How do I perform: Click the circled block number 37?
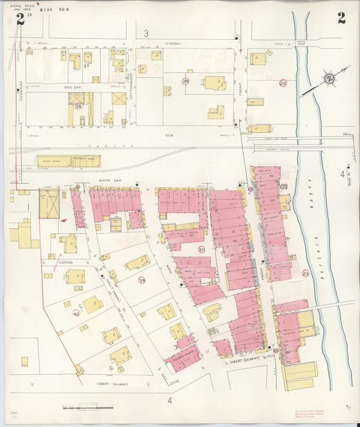click(86, 66)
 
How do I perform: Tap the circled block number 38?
click(78, 106)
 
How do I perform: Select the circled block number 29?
click(185, 81)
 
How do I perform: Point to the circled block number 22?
click(283, 83)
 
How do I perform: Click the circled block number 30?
click(201, 249)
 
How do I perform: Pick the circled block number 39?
click(142, 280)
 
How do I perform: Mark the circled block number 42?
click(76, 313)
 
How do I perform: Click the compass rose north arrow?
click(329, 79)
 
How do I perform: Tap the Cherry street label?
click(174, 43)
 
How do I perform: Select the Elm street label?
click(170, 134)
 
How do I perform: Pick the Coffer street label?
click(65, 262)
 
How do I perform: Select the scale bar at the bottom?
click(85, 407)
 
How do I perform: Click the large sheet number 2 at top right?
click(341, 18)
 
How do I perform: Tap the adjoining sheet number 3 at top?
click(146, 32)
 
